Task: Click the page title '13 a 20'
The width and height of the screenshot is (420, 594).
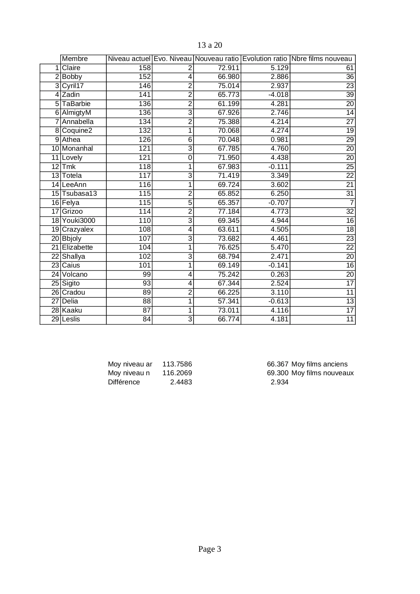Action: [x=209, y=45]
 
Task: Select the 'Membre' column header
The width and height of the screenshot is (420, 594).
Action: [x=75, y=59]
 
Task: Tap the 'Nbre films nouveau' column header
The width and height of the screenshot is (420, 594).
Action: [x=322, y=59]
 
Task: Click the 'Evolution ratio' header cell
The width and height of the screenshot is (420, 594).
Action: [x=265, y=59]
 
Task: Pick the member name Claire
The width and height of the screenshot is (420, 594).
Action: [x=71, y=68]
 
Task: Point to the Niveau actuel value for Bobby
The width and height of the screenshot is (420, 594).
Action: [x=145, y=77]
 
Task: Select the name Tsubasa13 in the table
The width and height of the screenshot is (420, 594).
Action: [x=80, y=194]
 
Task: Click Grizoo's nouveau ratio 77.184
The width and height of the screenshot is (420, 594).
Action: [x=228, y=212]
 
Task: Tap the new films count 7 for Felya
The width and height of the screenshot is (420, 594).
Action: [x=352, y=203]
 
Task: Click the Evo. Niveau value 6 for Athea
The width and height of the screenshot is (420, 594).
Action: [x=190, y=140]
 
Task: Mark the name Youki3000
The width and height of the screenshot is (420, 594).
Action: [x=79, y=220]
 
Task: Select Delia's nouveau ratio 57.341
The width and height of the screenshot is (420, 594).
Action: [x=228, y=301]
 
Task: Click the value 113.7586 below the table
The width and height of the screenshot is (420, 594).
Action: [x=177, y=364]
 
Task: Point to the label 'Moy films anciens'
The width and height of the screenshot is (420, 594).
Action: [x=319, y=364]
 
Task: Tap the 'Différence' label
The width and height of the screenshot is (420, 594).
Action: [x=124, y=382]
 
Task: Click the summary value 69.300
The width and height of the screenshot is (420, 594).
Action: [x=278, y=373]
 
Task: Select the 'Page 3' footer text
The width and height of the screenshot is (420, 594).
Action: [x=209, y=549]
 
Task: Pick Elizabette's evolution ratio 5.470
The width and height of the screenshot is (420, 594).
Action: [x=280, y=248]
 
